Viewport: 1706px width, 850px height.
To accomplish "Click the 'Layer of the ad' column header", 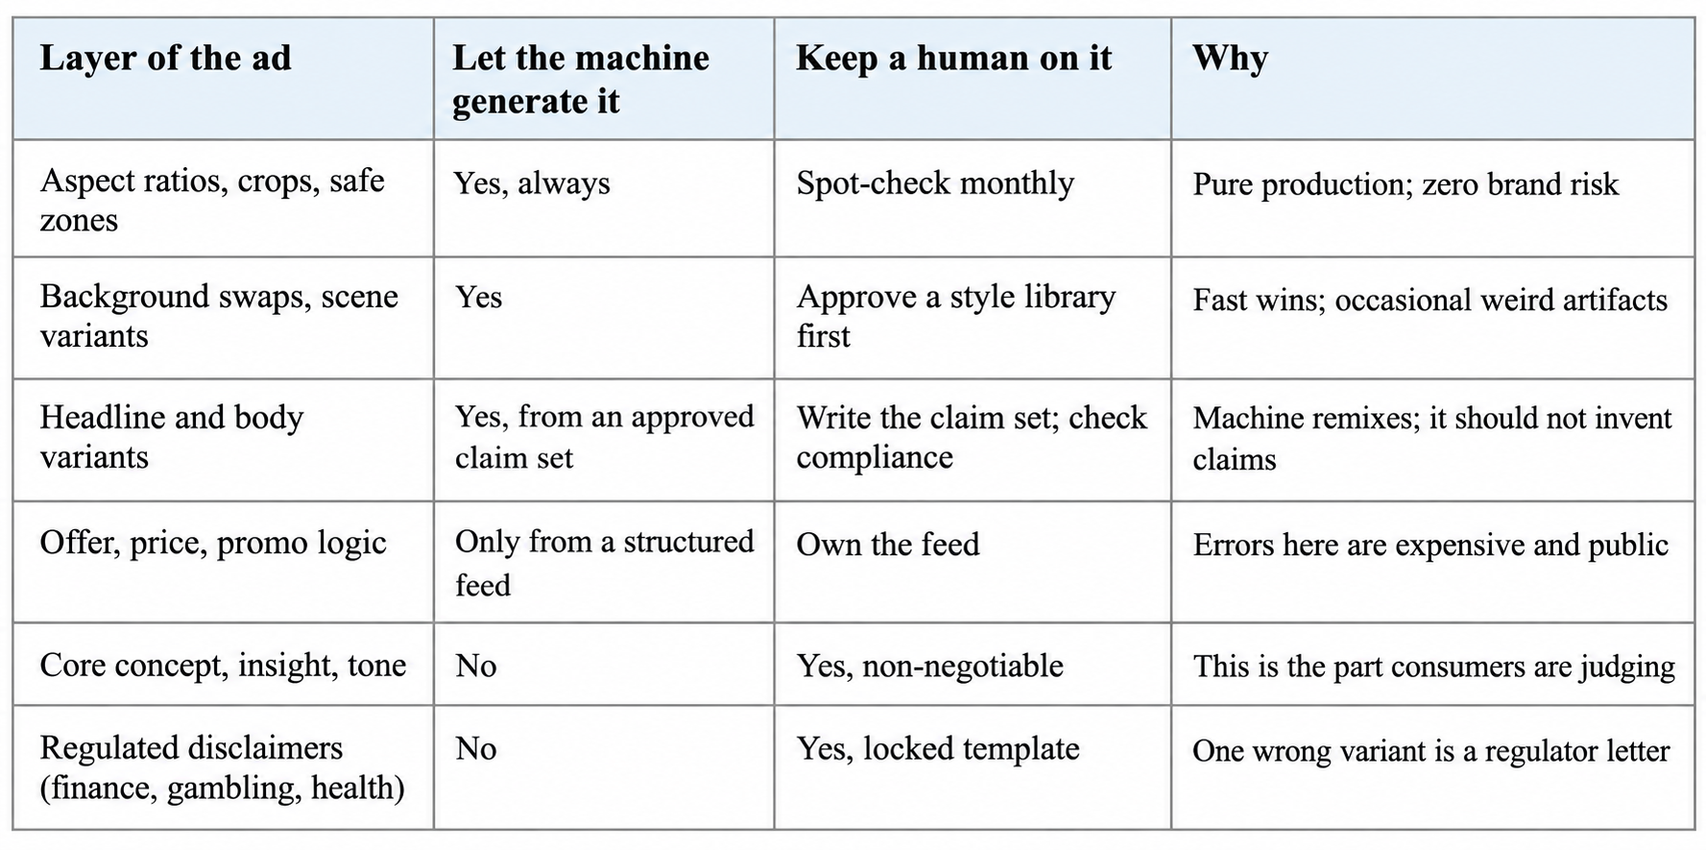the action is pos(165,58).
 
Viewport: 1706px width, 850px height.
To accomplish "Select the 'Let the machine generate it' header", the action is pos(581,79).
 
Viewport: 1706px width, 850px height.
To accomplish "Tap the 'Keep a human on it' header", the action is pos(953,58).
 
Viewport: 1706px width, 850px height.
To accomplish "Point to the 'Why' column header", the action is pos(1230,58).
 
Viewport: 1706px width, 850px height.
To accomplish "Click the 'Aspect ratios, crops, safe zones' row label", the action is pos(212,200).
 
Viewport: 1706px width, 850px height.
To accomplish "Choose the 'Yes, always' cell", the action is pos(532,182).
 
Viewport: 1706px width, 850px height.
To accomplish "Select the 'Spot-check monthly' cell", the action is pos(935,182).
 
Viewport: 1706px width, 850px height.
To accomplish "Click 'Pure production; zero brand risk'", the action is pos(1406,183).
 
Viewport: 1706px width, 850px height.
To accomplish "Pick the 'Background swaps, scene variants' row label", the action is pos(219,316).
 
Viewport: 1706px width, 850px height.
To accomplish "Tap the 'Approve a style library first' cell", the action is pos(956,316).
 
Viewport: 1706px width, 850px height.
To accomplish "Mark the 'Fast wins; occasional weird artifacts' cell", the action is pos(1430,300).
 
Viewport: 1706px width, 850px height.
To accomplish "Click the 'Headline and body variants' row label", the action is pos(172,437).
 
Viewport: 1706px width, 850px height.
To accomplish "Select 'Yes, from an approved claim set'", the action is pos(605,437).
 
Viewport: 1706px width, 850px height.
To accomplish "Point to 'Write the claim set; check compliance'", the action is pos(972,437).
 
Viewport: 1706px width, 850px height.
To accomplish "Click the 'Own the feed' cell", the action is pos(888,545).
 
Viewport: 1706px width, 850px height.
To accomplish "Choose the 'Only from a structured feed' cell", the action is pos(605,563).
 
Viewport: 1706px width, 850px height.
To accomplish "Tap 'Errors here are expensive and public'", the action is pos(1430,545).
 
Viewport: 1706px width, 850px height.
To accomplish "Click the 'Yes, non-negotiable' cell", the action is pos(929,666).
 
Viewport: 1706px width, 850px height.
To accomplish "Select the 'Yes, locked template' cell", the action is pos(938,748).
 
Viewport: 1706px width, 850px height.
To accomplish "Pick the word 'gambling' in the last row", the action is pos(232,789).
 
